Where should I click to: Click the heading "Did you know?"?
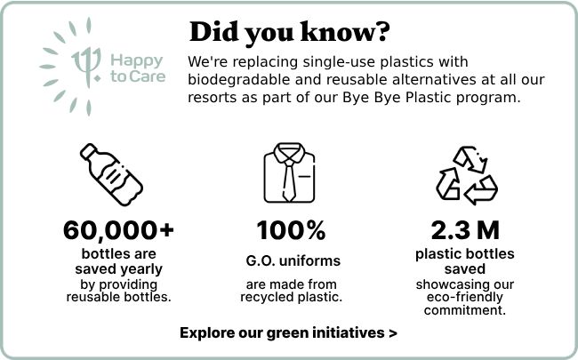click(x=289, y=33)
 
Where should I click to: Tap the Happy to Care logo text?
click(x=138, y=68)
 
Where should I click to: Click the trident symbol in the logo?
click(x=86, y=67)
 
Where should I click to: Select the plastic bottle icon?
click(x=111, y=174)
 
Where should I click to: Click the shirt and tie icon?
click(x=289, y=172)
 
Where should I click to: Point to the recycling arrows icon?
click(x=467, y=175)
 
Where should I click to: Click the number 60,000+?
click(x=118, y=230)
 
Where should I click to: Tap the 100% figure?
click(x=291, y=230)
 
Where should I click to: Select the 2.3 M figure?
click(x=465, y=230)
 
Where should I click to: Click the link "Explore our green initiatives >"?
click(x=288, y=332)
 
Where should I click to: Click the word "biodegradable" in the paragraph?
click(x=237, y=80)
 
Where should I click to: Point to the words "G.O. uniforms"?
click(x=293, y=260)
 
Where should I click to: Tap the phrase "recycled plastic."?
click(x=291, y=298)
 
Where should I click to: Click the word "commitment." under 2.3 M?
click(x=465, y=310)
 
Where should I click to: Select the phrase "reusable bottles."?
click(x=118, y=297)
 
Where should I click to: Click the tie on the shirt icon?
click(x=289, y=180)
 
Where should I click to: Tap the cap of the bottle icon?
click(x=88, y=151)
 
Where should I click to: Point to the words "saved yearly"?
click(x=118, y=269)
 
